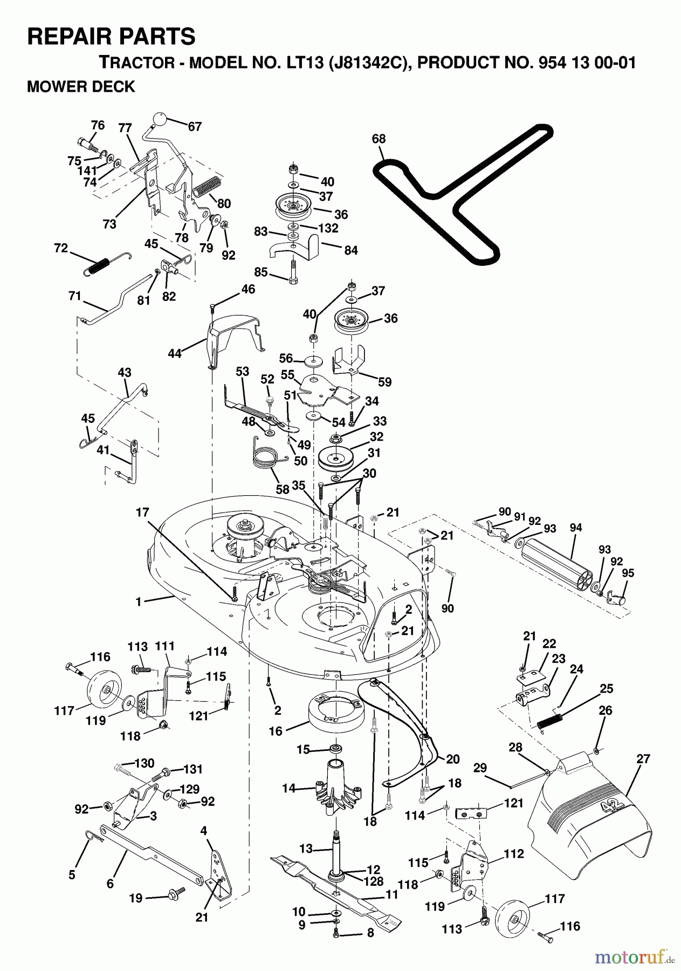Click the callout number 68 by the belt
point(379,139)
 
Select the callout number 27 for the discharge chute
point(643,758)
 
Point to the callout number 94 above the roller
point(575,527)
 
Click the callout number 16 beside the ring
point(276,731)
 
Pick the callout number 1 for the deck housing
point(139,601)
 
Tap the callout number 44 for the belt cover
point(174,353)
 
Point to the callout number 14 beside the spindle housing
point(288,788)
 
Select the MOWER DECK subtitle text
point(81,87)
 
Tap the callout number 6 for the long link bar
point(110,884)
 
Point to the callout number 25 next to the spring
point(606,689)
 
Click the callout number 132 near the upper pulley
point(328,228)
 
